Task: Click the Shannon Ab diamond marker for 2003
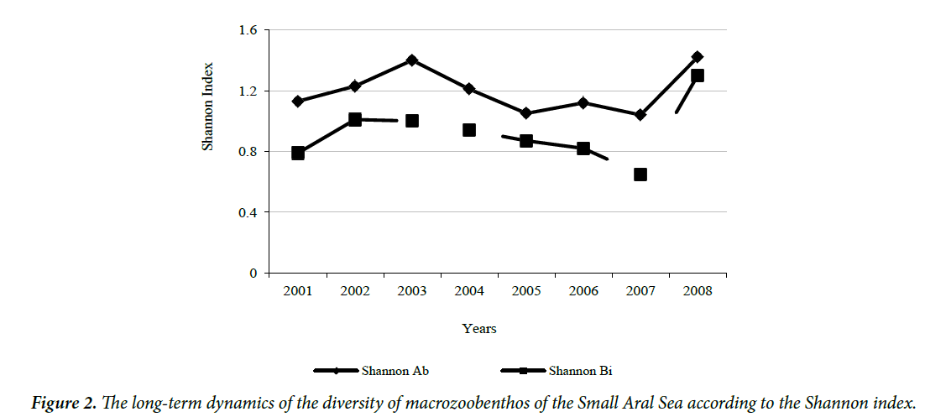(412, 60)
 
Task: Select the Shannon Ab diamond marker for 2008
(698, 57)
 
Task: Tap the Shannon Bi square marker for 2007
(640, 175)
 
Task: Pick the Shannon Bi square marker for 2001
(298, 153)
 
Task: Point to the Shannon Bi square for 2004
(469, 130)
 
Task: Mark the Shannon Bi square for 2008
(698, 76)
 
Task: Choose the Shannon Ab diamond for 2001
(298, 102)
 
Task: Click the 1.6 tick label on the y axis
(248, 30)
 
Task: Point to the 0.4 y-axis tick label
(248, 212)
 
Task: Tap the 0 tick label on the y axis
(253, 274)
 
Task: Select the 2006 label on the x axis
(583, 291)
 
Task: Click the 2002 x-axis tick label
(355, 291)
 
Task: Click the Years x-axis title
(479, 329)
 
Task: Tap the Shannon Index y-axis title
(208, 107)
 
